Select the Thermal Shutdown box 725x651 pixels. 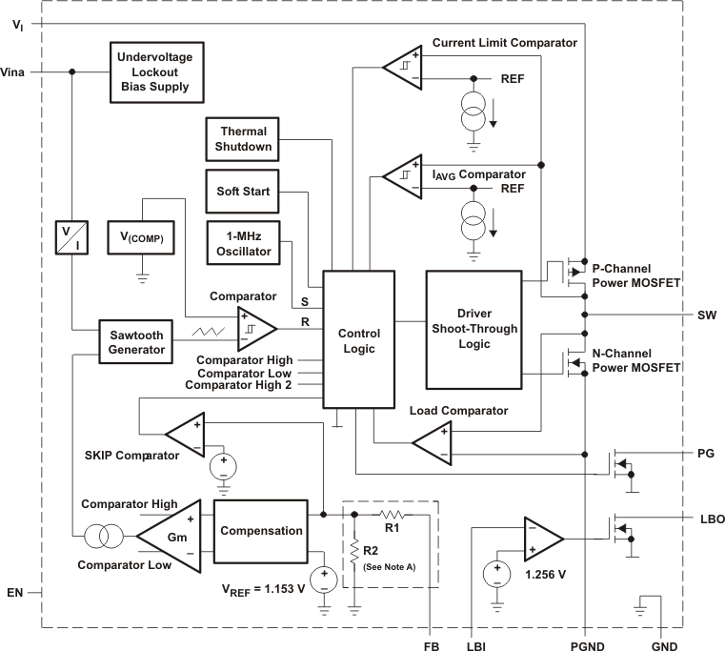[244, 139]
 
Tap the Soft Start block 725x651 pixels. [244, 192]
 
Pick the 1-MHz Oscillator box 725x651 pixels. [244, 244]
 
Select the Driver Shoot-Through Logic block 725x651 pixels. [473, 329]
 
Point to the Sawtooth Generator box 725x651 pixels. [136, 342]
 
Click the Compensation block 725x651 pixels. [261, 531]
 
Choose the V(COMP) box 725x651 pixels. [141, 237]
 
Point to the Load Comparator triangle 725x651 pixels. [433, 442]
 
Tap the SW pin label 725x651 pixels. [706, 314]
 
